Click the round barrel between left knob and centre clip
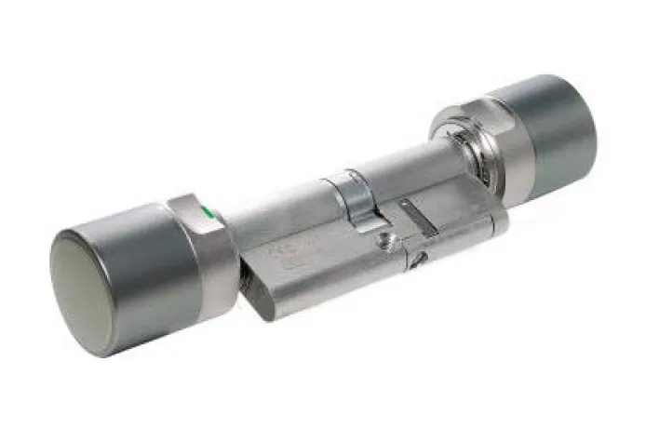pyautogui.click(x=275, y=214)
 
